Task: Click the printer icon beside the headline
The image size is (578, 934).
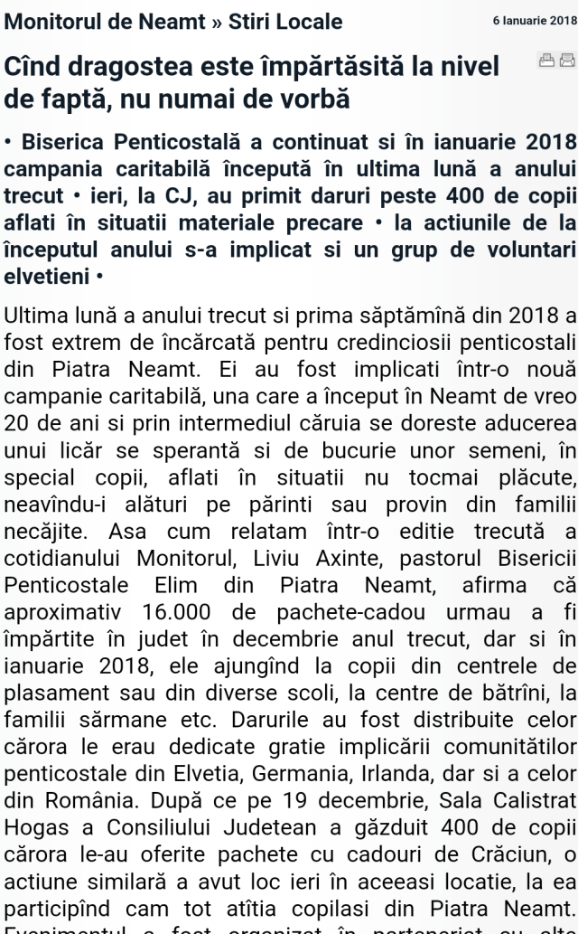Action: coord(545,61)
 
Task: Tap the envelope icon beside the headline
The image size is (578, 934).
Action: coord(566,61)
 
